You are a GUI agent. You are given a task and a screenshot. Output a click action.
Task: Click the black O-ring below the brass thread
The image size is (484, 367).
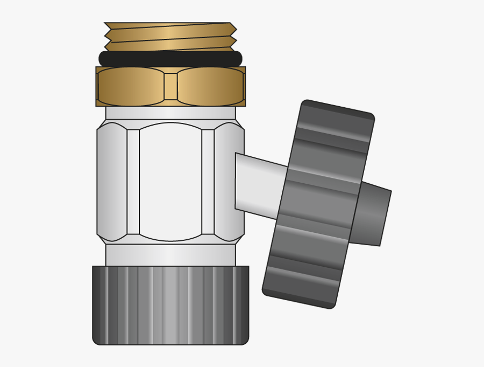tap(170, 59)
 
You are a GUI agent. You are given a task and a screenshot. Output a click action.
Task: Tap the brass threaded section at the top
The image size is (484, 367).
tap(170, 37)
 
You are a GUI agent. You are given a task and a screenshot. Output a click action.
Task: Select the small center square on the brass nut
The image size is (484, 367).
tap(170, 86)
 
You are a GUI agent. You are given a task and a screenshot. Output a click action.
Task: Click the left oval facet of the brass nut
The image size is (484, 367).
tap(131, 86)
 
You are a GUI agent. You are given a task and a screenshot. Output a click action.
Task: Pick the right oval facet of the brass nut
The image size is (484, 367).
tap(210, 86)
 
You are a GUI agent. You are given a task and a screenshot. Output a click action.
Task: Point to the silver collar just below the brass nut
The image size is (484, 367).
tap(170, 113)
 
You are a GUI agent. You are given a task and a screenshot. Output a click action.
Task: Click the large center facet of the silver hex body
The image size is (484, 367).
tap(170, 182)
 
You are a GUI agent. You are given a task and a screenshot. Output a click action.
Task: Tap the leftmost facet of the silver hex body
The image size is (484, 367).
tap(112, 182)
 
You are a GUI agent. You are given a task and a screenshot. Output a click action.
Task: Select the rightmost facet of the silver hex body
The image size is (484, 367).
tap(229, 182)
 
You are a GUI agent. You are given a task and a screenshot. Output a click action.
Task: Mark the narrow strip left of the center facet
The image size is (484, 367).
tap(133, 182)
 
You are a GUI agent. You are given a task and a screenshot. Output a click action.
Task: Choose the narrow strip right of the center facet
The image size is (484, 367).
tap(208, 182)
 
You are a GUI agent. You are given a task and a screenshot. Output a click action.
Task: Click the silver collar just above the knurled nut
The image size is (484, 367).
tap(170, 255)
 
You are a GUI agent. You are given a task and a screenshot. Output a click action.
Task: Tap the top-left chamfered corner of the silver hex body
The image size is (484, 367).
tap(102, 124)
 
